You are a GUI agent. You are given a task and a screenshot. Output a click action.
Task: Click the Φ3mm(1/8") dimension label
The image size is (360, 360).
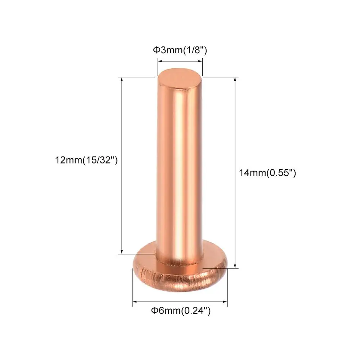click(x=180, y=50)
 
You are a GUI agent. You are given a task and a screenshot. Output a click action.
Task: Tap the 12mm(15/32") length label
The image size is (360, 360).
click(x=86, y=160)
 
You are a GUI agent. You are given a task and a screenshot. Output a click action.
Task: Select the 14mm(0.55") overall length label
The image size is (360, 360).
click(x=267, y=173)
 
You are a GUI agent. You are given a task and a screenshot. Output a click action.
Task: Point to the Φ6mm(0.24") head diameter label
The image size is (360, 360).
click(x=181, y=311)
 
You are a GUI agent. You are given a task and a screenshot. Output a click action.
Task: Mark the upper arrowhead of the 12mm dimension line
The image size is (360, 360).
click(x=122, y=80)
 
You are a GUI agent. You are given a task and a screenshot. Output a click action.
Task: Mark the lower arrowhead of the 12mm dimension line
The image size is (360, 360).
click(x=122, y=252)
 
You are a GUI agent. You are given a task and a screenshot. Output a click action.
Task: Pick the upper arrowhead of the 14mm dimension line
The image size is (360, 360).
click(x=235, y=80)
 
